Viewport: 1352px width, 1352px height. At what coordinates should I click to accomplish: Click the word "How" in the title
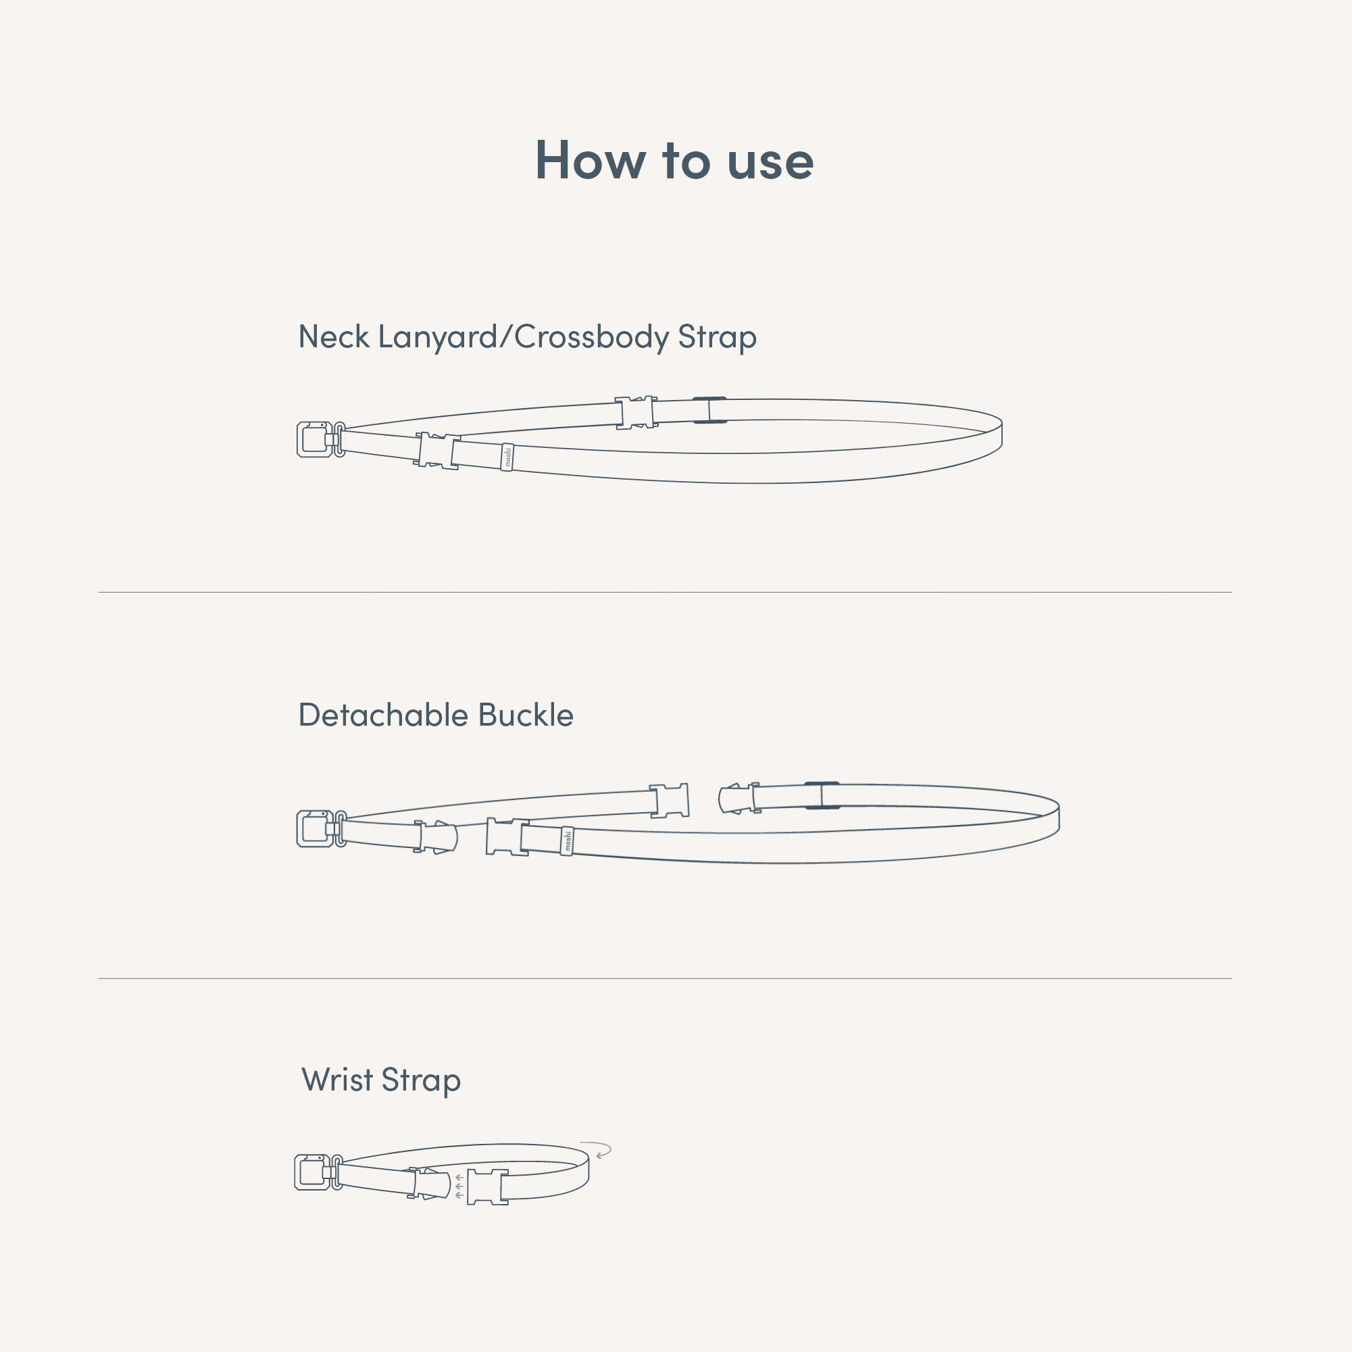(590, 160)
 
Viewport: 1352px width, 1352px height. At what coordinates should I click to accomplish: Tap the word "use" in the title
(770, 162)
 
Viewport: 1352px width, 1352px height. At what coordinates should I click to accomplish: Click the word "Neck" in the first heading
(334, 336)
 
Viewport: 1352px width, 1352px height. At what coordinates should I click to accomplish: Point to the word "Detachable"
(384, 715)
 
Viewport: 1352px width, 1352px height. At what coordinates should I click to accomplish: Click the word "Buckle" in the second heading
(526, 715)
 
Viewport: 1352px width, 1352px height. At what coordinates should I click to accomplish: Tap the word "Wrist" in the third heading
(337, 1080)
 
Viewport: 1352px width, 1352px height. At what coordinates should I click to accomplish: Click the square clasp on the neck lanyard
(314, 439)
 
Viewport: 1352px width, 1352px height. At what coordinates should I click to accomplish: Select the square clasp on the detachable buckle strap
(314, 828)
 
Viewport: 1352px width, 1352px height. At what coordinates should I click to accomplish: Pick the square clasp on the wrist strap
(311, 1172)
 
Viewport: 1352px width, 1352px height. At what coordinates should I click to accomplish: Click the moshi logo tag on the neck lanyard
(507, 457)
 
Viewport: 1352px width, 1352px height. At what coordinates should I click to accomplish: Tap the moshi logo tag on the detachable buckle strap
(567, 841)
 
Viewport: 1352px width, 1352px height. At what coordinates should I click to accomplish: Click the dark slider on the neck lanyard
(709, 410)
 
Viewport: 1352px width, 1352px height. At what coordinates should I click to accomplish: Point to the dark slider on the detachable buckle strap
(822, 796)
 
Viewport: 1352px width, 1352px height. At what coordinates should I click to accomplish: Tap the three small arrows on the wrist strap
(459, 1186)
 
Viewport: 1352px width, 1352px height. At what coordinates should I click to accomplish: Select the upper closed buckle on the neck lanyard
(636, 412)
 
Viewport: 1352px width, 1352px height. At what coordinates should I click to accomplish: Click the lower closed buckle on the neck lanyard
(438, 451)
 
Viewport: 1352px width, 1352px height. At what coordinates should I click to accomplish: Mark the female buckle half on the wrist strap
(488, 1187)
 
